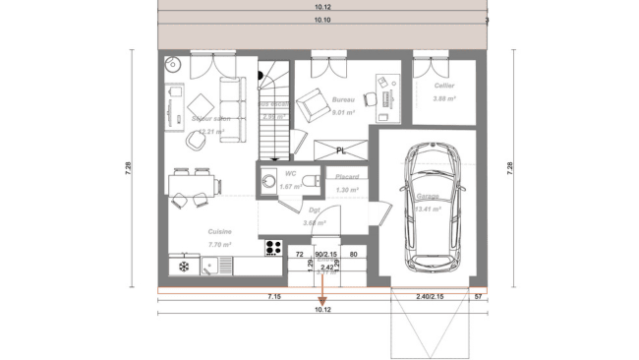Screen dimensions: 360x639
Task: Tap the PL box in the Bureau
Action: click(x=340, y=150)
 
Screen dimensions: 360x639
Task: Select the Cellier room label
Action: click(x=442, y=86)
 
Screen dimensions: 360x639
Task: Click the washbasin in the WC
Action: click(x=267, y=180)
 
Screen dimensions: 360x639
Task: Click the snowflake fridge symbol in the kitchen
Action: click(x=182, y=265)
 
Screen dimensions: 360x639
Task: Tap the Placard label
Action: click(x=345, y=178)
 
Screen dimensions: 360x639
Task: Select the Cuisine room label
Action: click(x=219, y=232)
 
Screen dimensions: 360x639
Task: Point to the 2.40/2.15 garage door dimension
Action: click(x=430, y=296)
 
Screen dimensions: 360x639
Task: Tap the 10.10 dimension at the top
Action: click(x=321, y=20)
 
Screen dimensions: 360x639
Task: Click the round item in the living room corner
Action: click(x=172, y=66)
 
